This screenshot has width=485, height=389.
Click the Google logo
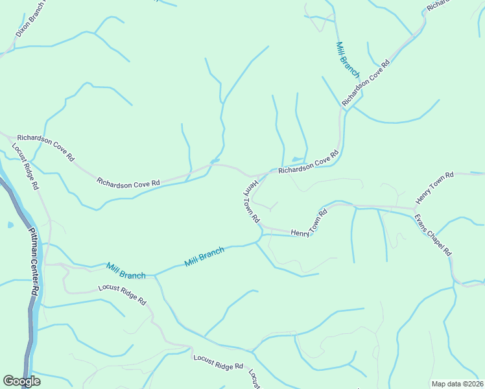point(21,381)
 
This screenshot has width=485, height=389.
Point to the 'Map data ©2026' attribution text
point(457,384)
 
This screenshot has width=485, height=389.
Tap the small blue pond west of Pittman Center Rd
point(10,226)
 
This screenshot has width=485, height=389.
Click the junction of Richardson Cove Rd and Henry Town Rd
point(258,175)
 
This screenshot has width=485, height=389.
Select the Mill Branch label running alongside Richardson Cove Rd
point(348,60)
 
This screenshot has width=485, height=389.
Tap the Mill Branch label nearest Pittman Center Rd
point(126,272)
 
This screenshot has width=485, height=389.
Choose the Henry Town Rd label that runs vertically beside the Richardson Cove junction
point(251,202)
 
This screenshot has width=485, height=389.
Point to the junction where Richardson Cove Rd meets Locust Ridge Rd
point(9,137)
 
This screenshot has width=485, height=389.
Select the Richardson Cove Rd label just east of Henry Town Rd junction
point(309,162)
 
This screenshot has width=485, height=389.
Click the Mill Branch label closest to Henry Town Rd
point(204,257)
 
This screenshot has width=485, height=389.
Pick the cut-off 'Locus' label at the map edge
point(254,380)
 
